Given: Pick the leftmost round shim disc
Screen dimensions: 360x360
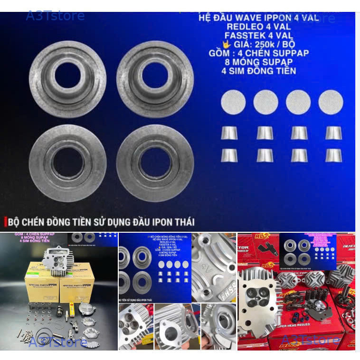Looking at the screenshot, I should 233,102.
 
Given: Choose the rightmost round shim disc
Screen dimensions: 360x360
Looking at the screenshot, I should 331,102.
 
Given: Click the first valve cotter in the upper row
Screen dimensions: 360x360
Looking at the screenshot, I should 229,133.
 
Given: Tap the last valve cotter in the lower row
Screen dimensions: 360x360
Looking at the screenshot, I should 334,155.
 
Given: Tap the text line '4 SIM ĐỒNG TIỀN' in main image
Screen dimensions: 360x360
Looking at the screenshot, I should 258,71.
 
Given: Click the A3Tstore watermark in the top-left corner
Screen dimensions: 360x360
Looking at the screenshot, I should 55,16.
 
